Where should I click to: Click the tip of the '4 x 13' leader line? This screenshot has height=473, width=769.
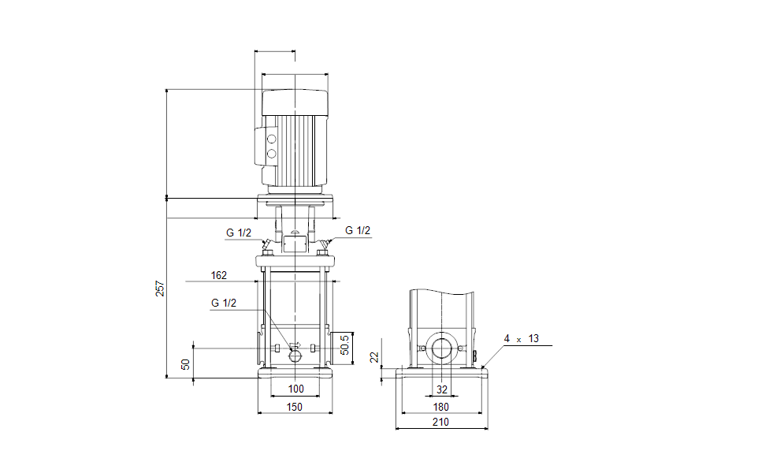[x=482, y=368]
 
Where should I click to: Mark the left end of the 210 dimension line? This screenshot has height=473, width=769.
[x=396, y=428]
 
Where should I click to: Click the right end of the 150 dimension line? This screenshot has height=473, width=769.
[x=332, y=413]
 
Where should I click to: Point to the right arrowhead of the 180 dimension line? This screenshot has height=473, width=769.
[x=480, y=413]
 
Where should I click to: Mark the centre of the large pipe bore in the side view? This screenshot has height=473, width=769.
[x=442, y=348]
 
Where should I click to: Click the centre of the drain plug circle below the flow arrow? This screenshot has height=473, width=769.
[x=295, y=356]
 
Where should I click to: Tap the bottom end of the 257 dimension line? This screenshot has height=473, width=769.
[x=167, y=378]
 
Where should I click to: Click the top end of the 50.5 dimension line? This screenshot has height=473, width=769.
[x=353, y=332]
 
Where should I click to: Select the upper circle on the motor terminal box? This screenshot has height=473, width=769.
[x=271, y=140]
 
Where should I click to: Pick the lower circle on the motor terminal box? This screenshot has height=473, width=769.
[x=271, y=154]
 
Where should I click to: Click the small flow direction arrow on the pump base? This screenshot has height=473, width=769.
[x=295, y=345]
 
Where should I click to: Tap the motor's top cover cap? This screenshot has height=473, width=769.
[x=295, y=102]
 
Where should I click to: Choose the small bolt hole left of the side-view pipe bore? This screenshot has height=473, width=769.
[x=423, y=348]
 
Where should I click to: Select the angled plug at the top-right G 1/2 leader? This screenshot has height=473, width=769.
[x=325, y=244]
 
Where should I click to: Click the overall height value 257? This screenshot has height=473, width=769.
[x=160, y=288]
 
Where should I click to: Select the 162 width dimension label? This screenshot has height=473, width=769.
[x=219, y=275]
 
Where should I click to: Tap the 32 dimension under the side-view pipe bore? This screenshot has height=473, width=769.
[x=442, y=389]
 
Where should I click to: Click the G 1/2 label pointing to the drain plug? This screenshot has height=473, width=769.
[x=224, y=303]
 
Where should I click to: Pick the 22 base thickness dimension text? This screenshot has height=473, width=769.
[x=375, y=357]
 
